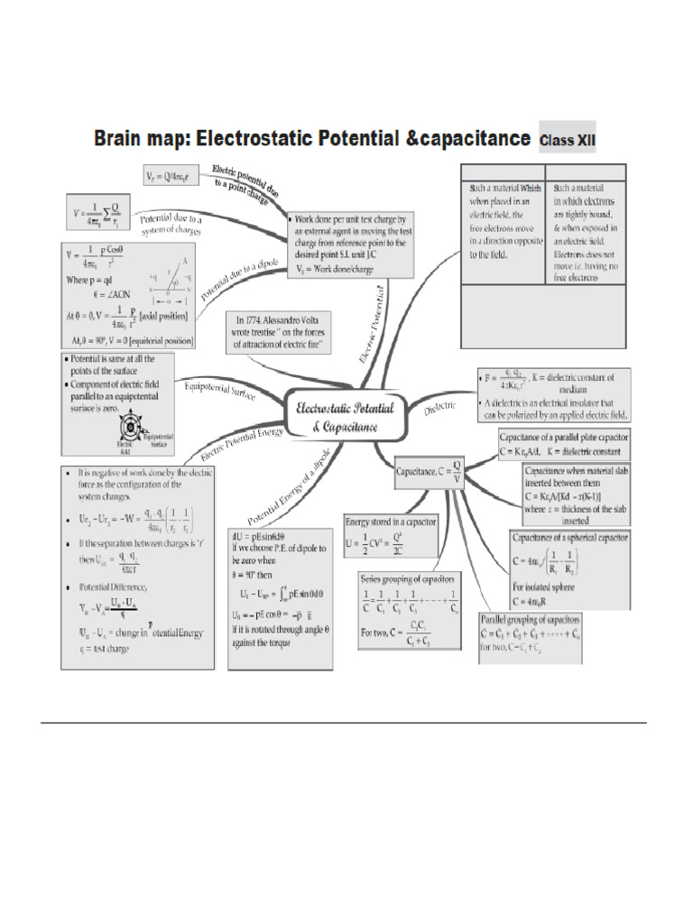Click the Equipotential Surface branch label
click(220, 391)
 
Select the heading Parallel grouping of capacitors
click(530, 622)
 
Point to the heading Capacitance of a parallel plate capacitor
click(565, 436)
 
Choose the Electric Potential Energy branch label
click(242, 439)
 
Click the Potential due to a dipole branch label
click(226, 278)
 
